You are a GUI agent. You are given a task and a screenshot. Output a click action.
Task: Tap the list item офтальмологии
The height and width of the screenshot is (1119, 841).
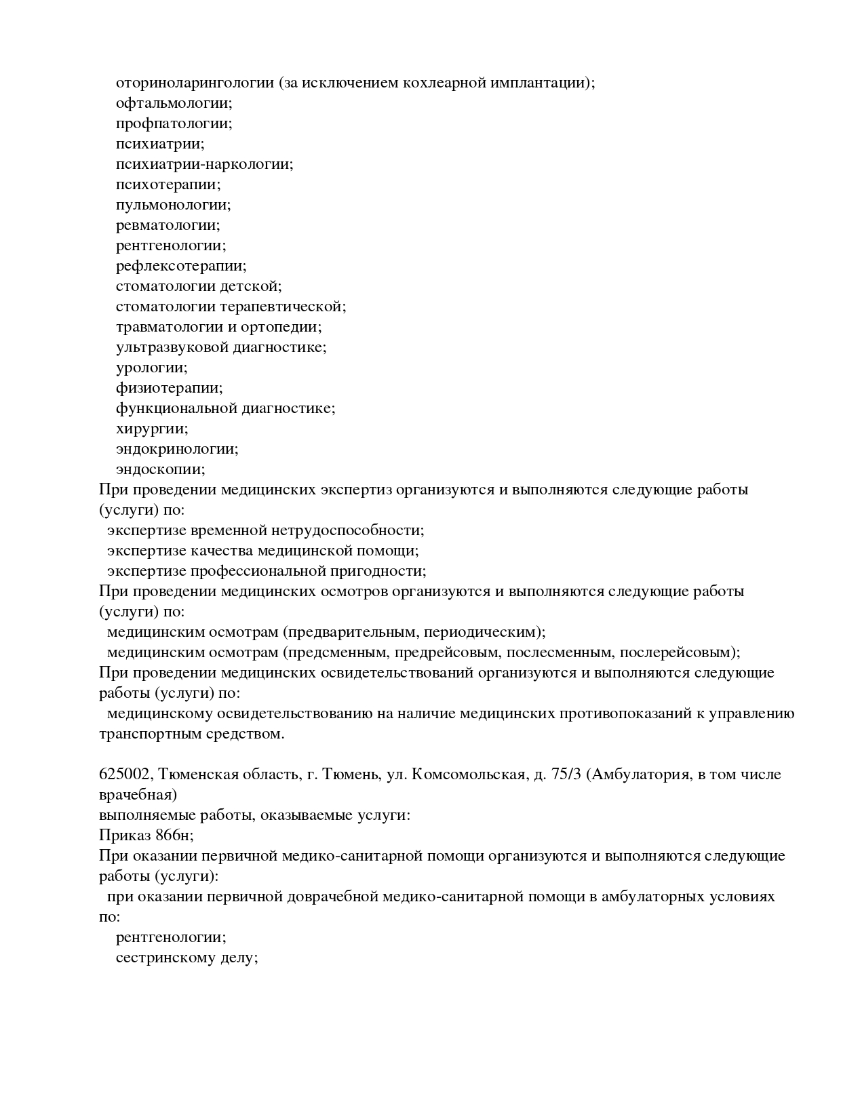pos(173,103)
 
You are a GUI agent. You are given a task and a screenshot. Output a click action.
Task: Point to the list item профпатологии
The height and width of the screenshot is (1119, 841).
pos(173,123)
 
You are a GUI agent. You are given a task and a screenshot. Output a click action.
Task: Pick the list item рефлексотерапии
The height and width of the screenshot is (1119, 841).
pos(180,266)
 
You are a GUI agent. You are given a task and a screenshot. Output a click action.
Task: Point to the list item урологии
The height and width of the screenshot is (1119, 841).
pos(151,368)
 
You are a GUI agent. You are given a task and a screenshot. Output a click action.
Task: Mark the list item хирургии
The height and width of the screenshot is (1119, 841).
pos(151,429)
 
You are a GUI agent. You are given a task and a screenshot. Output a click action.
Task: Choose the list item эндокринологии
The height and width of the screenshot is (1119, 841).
pos(176,449)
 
